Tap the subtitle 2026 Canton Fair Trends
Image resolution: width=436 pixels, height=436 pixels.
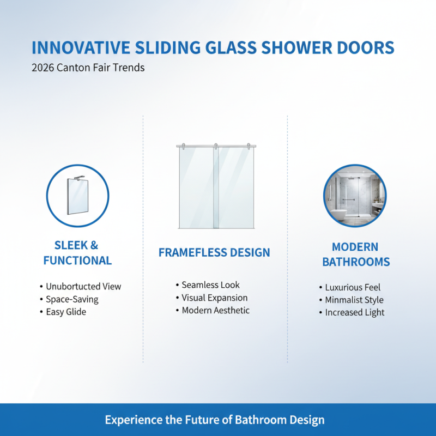point(88,69)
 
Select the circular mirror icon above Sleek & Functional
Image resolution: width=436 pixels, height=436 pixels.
point(77,196)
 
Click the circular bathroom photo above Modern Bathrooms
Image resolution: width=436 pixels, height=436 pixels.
point(355,196)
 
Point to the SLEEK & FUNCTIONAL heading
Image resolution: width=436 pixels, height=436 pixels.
point(77,253)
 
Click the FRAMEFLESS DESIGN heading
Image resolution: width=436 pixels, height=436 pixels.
point(214,252)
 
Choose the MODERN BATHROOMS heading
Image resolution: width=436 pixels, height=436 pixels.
point(356,255)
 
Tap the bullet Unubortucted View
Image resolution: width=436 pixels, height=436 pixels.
point(83,286)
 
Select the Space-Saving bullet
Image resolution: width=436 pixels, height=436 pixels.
point(72,299)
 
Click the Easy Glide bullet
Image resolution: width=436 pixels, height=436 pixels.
point(66,312)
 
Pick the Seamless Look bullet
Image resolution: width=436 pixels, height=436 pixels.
point(210,284)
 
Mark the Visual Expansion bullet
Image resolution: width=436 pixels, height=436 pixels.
point(214,298)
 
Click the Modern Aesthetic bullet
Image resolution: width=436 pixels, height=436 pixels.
point(215,310)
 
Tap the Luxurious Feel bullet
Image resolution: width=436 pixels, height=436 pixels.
point(353,287)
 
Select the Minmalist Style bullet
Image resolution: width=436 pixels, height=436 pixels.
point(354,300)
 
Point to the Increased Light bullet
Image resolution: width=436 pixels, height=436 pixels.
point(355,312)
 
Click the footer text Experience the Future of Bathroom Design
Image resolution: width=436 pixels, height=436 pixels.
point(215,420)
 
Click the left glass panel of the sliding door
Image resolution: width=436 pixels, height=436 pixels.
point(196,188)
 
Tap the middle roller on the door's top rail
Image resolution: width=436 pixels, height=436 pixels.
point(216,146)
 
